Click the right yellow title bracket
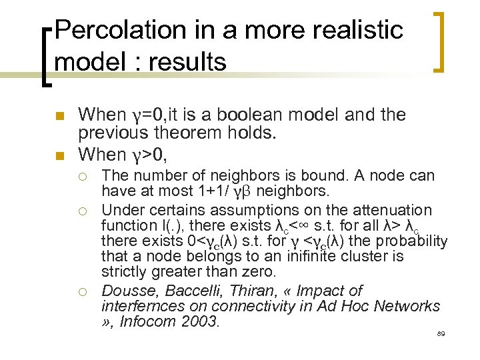441,41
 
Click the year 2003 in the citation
199,322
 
